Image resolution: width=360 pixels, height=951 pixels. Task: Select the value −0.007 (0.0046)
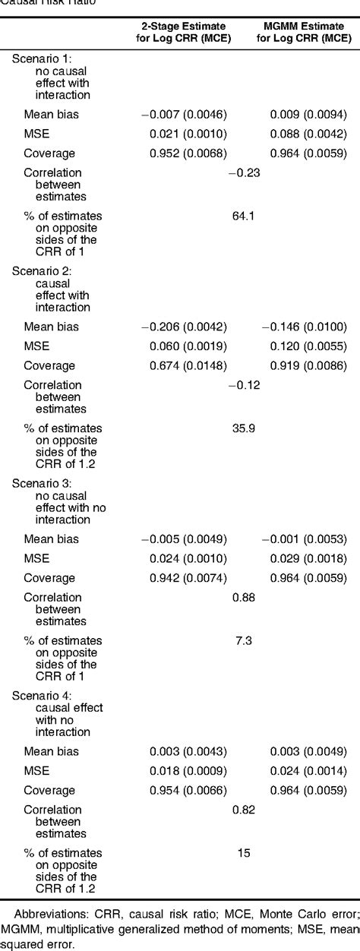tap(185, 115)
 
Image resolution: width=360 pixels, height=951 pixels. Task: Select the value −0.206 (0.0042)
tap(185, 327)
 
